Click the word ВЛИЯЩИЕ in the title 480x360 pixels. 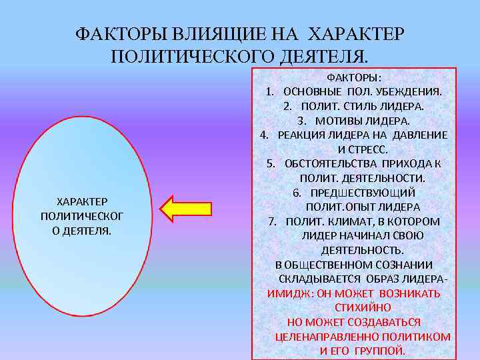point(215,33)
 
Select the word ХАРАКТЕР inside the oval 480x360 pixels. point(83,201)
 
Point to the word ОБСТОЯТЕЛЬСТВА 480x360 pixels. point(331,164)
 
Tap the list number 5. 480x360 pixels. point(270,164)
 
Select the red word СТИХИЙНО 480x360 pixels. point(363,307)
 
